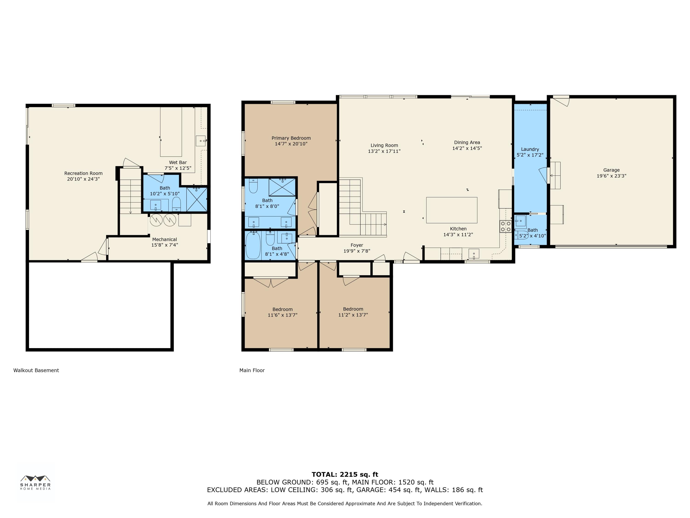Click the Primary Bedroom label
tap(291, 138)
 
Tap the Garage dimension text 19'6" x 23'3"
tap(611, 176)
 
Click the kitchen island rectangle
tap(452, 210)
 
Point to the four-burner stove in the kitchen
tap(505, 226)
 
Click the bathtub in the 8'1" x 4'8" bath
tap(253, 245)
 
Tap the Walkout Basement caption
tap(36, 370)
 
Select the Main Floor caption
tap(252, 370)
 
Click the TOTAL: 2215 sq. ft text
tap(345, 474)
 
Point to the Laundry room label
tap(530, 149)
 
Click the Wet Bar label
tap(178, 162)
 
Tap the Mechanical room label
tap(165, 239)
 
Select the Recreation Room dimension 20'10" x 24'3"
tap(83, 179)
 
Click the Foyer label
tap(357, 245)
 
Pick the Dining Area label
tap(467, 142)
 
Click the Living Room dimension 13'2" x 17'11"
tap(384, 151)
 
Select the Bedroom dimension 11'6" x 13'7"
tap(283, 315)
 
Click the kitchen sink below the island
tap(474, 253)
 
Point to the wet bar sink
tap(201, 141)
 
